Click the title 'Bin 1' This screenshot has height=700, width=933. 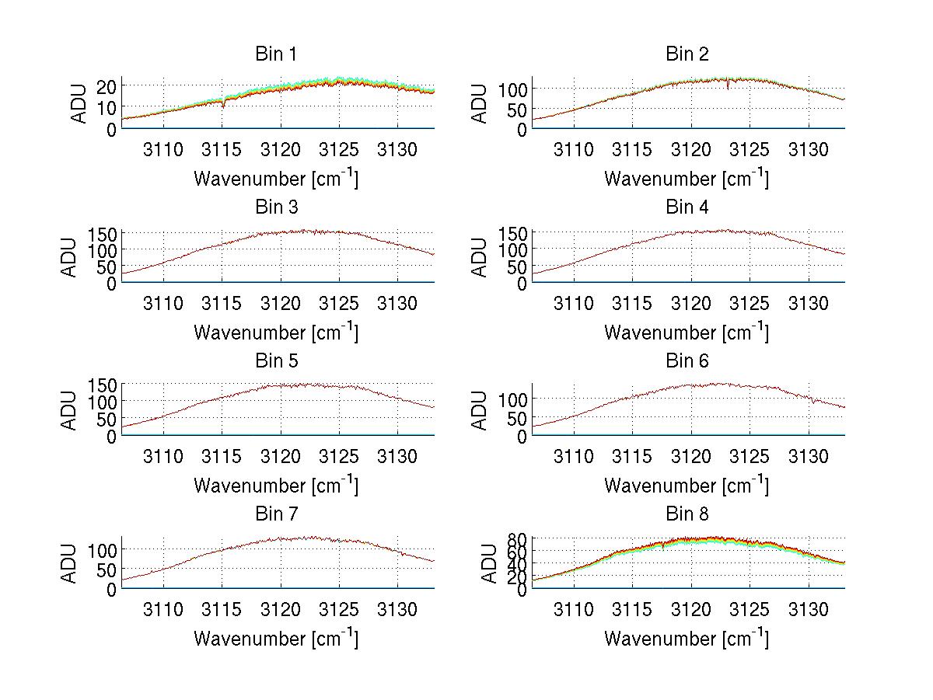pyautogui.click(x=275, y=54)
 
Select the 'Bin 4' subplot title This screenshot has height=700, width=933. pyautogui.click(x=687, y=207)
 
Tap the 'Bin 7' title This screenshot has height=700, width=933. pyautogui.click(x=275, y=514)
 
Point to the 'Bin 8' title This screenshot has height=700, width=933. pyautogui.click(x=687, y=514)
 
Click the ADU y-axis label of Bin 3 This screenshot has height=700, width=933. pyautogui.click(x=71, y=257)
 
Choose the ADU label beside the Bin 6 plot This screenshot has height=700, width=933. pyautogui.click(x=480, y=410)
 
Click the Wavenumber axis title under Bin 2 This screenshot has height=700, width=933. pyautogui.click(x=687, y=179)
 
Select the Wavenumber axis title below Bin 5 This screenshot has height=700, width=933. pyautogui.click(x=276, y=486)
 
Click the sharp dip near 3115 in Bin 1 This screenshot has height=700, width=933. pyautogui.click(x=223, y=104)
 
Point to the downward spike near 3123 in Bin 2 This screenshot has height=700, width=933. pyautogui.click(x=728, y=86)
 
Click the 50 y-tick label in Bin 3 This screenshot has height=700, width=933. pyautogui.click(x=107, y=267)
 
